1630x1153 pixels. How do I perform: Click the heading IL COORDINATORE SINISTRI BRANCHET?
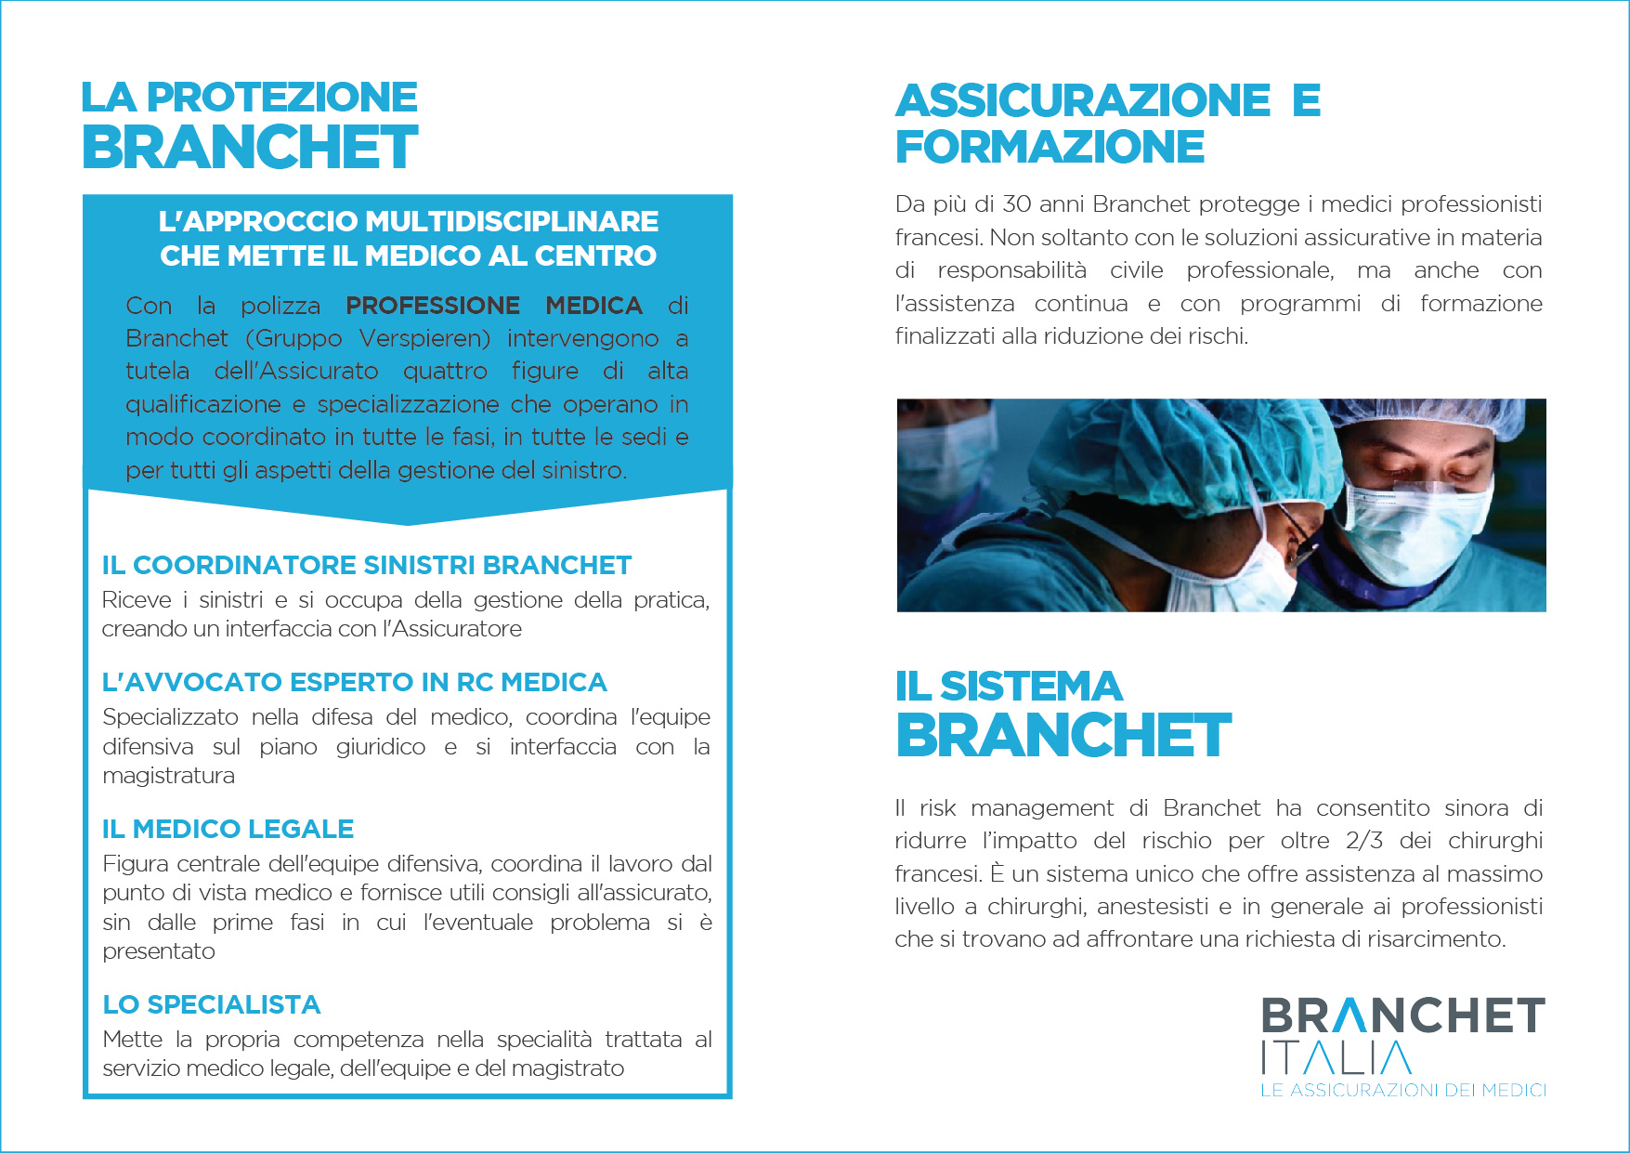[366, 565]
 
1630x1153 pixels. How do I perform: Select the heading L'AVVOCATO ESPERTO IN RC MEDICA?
[354, 682]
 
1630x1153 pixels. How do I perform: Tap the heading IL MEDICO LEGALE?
[228, 829]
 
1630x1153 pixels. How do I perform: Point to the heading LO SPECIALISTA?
[211, 1004]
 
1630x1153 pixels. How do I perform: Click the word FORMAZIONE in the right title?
[1050, 147]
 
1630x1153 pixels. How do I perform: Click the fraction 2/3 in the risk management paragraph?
[1363, 841]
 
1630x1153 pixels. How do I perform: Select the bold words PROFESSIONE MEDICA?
[493, 306]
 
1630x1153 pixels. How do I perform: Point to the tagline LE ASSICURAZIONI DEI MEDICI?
[1402, 1090]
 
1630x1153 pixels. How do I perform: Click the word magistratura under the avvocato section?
[168, 776]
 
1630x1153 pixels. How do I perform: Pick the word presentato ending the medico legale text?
[159, 951]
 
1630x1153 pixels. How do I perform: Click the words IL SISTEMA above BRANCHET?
[1009, 687]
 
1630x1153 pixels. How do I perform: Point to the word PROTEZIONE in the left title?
[282, 98]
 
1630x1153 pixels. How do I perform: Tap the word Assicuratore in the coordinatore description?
[457, 629]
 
